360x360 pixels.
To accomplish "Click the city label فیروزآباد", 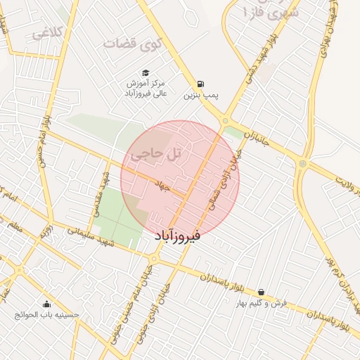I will [x=176, y=237].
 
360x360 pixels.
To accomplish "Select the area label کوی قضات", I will [x=133, y=44].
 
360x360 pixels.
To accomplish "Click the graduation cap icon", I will [x=146, y=72].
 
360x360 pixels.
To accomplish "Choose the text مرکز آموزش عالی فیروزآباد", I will [x=146, y=88].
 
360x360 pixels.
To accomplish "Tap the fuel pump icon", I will [x=202, y=82].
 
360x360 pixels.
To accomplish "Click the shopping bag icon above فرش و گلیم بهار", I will [x=262, y=292].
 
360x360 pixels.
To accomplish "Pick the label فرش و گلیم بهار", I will [x=262, y=303].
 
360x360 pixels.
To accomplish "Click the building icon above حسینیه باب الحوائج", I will [x=46, y=304].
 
